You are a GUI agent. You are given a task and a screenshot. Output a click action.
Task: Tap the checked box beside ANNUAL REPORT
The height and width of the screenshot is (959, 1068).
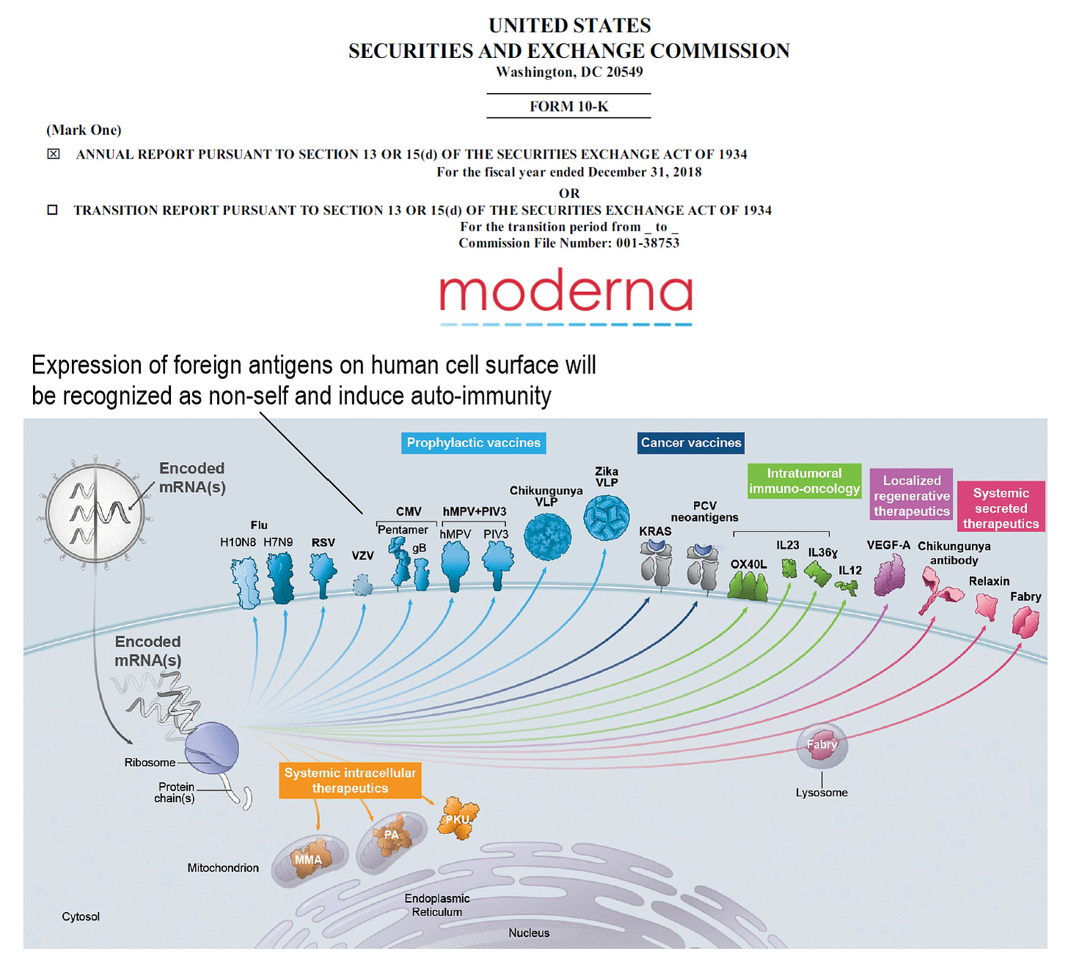pos(54,154)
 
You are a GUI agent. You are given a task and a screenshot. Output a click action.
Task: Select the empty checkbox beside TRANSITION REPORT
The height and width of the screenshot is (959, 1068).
pos(53,210)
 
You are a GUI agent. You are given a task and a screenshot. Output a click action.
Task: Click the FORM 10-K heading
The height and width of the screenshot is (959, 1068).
pos(568,106)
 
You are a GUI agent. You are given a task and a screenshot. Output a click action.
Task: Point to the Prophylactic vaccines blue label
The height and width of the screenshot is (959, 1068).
pos(473,443)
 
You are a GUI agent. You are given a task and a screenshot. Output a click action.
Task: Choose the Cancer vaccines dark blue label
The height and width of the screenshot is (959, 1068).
pos(691,443)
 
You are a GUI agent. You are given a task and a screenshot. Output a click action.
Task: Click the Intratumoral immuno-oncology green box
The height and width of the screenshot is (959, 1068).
pos(804,481)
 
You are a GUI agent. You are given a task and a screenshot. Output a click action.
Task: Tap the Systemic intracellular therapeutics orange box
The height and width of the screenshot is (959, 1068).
pos(350,780)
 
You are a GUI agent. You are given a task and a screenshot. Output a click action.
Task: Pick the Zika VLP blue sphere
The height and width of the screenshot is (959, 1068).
pos(607,517)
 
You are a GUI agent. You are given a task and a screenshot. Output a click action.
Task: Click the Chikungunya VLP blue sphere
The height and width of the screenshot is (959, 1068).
pos(547,537)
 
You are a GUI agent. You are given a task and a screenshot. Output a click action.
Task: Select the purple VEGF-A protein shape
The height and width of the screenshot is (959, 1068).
pos(890,574)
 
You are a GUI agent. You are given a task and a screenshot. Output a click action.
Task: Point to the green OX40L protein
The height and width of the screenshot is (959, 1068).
pos(747,587)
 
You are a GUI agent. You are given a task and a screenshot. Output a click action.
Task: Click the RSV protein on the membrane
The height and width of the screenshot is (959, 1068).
pos(323,573)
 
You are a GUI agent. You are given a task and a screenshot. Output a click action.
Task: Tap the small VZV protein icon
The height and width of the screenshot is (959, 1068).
pos(362,585)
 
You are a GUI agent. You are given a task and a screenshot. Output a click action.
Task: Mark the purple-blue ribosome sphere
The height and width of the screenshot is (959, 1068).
pos(212,748)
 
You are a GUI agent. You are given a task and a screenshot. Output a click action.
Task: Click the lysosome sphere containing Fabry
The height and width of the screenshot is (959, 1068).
pos(822,746)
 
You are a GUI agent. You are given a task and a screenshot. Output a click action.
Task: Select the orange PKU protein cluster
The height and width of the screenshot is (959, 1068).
pos(458,818)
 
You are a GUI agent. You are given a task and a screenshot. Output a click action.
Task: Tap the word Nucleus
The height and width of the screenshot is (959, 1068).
pos(529,933)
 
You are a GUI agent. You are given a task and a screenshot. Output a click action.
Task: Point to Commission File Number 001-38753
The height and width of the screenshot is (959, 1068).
pos(568,243)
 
